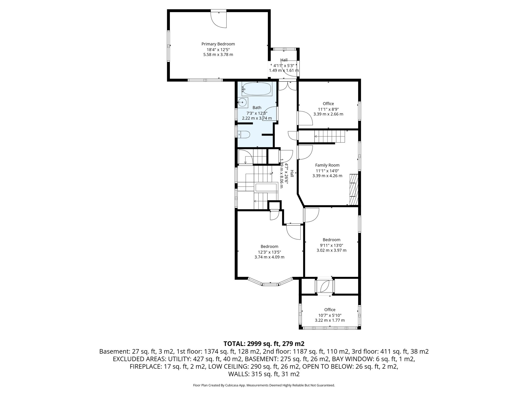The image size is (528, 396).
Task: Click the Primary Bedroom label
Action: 218,44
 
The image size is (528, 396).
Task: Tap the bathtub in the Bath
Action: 257,89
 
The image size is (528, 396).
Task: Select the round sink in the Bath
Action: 242,102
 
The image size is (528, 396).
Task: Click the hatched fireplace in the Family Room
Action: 354,189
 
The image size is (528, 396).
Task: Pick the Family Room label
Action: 327,165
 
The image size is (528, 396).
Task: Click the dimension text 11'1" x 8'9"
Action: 328,109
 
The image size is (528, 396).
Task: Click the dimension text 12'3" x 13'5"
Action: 269,252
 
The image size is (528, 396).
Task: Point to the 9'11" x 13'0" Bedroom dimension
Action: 331,245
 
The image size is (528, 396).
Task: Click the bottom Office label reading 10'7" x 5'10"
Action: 330,315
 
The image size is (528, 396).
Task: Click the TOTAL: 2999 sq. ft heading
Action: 264,344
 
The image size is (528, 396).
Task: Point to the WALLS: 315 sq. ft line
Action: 264,374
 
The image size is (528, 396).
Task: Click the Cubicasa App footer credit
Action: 264,385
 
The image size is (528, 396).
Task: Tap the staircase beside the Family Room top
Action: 329,136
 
